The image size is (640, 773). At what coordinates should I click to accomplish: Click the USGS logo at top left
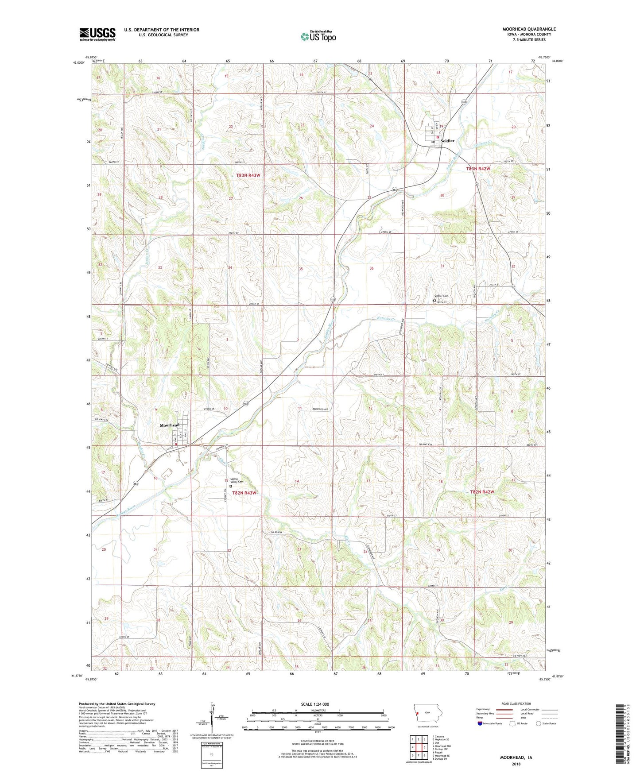[x=97, y=34]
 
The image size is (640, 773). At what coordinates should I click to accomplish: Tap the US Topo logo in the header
[x=318, y=36]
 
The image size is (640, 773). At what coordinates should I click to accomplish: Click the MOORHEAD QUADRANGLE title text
[x=529, y=29]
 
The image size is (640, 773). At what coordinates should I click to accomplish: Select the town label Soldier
[x=447, y=141]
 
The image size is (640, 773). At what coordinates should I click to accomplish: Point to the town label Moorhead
[x=170, y=425]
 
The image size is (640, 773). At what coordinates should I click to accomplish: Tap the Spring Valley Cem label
[x=237, y=481]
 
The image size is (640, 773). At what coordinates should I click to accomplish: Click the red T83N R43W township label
[x=248, y=175]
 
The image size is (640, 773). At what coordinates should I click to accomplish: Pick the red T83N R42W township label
[x=478, y=169]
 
